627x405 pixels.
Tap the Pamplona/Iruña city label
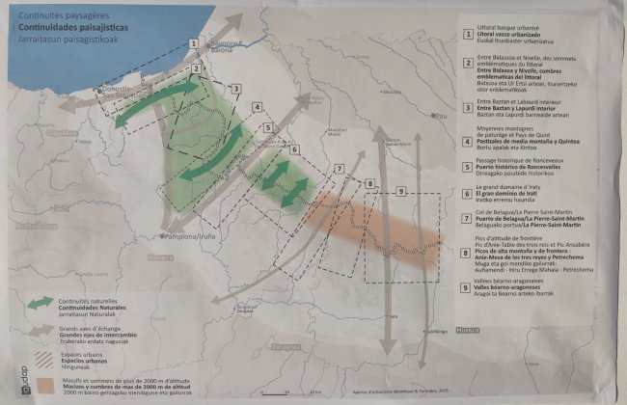[194, 236]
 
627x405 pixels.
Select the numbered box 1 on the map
[195, 43]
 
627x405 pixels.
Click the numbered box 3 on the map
[234, 88]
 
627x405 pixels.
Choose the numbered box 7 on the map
[339, 167]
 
